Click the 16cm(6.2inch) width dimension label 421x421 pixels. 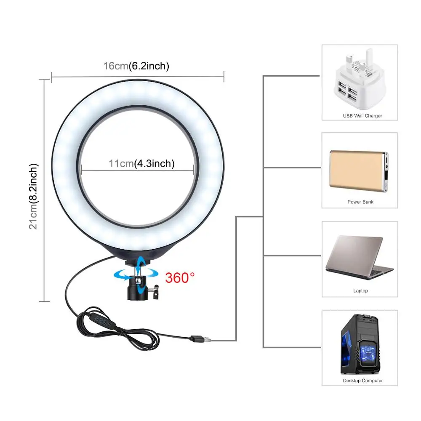pos(136,66)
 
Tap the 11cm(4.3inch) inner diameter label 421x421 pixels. pos(141,164)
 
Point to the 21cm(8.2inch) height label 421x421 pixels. pos(34,196)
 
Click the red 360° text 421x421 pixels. pos(180,278)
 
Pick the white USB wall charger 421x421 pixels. pos(358,80)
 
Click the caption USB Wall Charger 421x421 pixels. pos(362,116)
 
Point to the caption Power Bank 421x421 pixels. pos(360,202)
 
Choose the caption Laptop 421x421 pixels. pos(360,290)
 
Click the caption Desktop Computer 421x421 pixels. pos(362,381)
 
